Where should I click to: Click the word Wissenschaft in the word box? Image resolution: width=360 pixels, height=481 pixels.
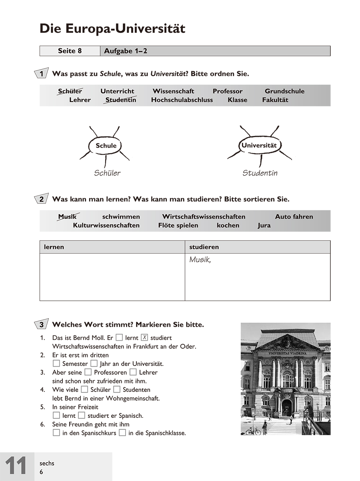(x=173, y=91)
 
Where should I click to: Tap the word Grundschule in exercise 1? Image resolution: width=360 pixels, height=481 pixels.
(x=284, y=91)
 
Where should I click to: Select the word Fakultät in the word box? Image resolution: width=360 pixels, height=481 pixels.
(x=275, y=100)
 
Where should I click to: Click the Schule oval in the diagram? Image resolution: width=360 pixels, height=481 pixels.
(x=106, y=146)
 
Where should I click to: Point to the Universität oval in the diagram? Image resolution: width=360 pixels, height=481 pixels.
(x=259, y=146)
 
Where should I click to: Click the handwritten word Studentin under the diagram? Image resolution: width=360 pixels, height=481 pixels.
(x=260, y=173)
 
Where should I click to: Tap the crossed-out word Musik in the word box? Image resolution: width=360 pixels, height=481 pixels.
(x=67, y=217)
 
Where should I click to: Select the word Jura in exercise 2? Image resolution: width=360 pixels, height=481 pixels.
(x=264, y=226)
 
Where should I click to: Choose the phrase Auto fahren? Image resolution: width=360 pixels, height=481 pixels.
(x=294, y=217)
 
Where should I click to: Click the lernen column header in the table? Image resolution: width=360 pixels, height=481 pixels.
(x=54, y=247)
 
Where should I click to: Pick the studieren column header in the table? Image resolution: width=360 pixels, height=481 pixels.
(x=204, y=247)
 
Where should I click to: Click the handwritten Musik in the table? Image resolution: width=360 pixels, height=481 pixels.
(x=200, y=260)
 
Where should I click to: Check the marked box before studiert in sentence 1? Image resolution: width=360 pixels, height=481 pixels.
(x=145, y=337)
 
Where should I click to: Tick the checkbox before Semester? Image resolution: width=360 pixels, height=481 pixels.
(x=56, y=363)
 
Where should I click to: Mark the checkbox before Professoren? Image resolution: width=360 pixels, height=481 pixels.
(x=88, y=372)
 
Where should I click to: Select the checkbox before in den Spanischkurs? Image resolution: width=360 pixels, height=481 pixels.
(x=56, y=433)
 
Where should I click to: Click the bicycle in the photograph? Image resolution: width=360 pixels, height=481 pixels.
(x=253, y=431)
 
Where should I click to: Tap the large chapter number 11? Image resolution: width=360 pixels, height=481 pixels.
(x=16, y=466)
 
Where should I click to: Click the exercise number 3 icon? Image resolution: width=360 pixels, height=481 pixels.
(x=42, y=325)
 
